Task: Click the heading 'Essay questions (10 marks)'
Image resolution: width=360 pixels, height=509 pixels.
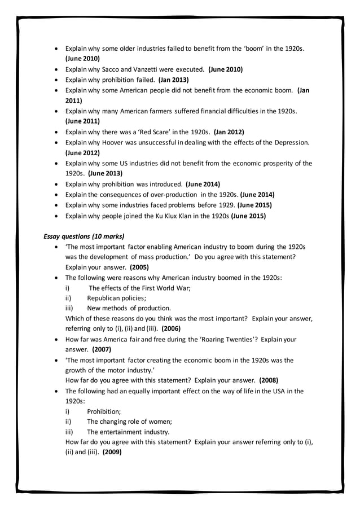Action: pos(84,236)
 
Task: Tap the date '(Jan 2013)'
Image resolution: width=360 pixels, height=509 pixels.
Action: pos(173,80)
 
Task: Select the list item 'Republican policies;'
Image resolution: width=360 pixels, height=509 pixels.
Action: pos(116,298)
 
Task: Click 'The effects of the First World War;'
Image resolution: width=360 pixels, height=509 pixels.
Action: pos(139,288)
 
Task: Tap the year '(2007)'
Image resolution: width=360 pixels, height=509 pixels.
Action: pos(102,350)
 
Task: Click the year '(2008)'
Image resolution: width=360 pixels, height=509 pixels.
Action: pos(268,380)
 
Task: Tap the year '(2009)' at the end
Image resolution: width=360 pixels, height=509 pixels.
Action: pos(112,453)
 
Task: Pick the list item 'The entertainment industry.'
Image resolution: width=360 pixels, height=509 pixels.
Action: pos(128,432)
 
